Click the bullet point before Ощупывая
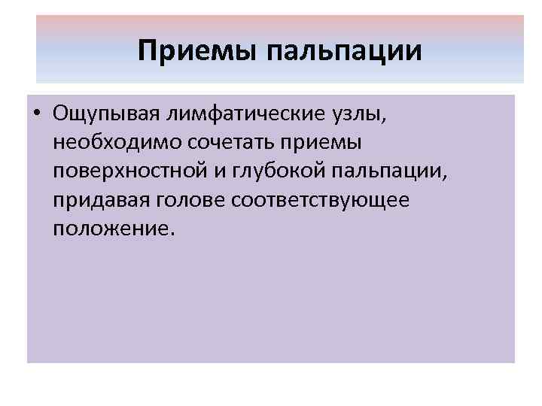(36, 115)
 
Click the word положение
(111, 229)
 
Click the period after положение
(172, 233)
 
